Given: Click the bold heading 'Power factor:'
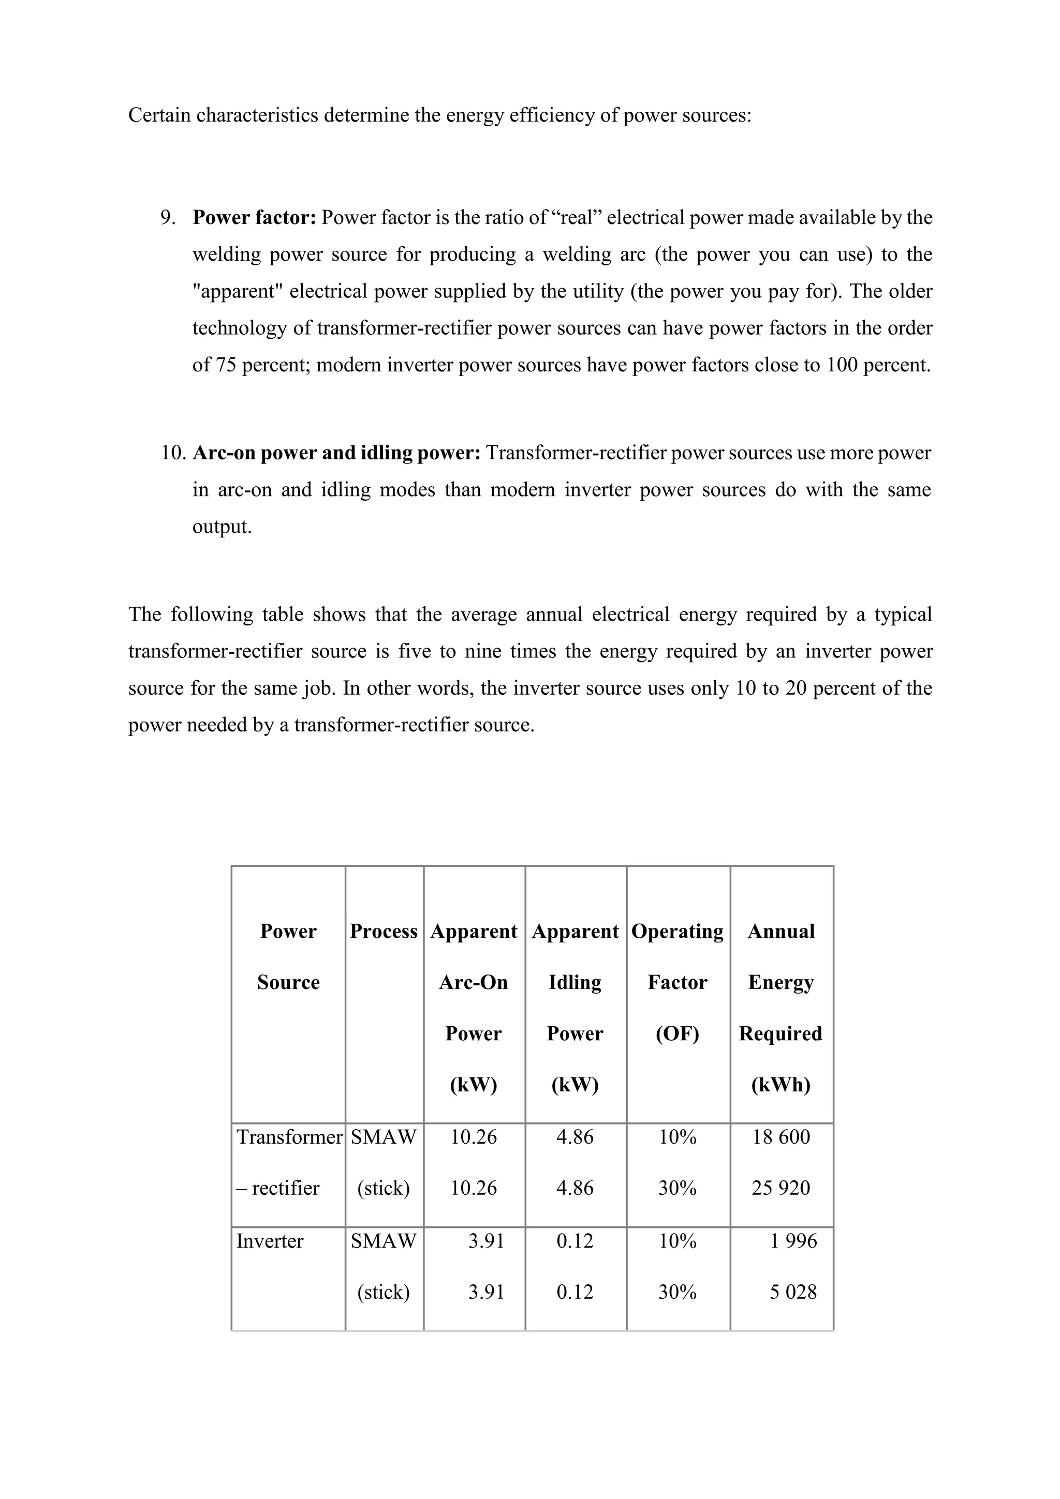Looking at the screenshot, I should click(x=254, y=217).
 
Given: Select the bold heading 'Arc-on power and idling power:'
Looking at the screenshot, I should click(x=336, y=453).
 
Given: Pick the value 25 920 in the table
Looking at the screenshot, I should click(x=781, y=1188).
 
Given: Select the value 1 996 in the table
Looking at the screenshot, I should click(x=793, y=1240).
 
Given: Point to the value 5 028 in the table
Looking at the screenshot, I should click(x=793, y=1292).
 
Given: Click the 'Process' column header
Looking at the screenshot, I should click(x=384, y=931).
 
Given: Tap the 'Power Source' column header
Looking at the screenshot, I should click(x=288, y=956).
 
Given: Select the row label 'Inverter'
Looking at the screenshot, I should click(x=270, y=1240).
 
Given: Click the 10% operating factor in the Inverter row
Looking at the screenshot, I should click(x=678, y=1240).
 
